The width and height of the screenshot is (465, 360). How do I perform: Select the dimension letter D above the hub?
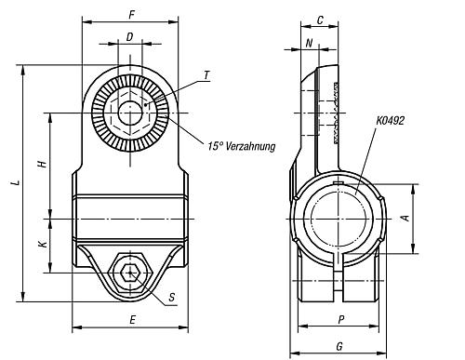pos(129,36)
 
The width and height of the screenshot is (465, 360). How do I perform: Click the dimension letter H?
pos(41,164)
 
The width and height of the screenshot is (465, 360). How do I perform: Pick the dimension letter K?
pos(41,245)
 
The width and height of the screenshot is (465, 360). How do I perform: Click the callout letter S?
pos(172,298)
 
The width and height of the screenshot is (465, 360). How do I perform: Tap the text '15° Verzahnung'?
pos(241,146)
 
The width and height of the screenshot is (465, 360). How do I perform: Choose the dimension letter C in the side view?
pos(319,20)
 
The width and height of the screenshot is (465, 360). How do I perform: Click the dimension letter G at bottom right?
pos(339,346)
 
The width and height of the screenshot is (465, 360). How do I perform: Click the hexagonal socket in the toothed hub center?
pos(129,113)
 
